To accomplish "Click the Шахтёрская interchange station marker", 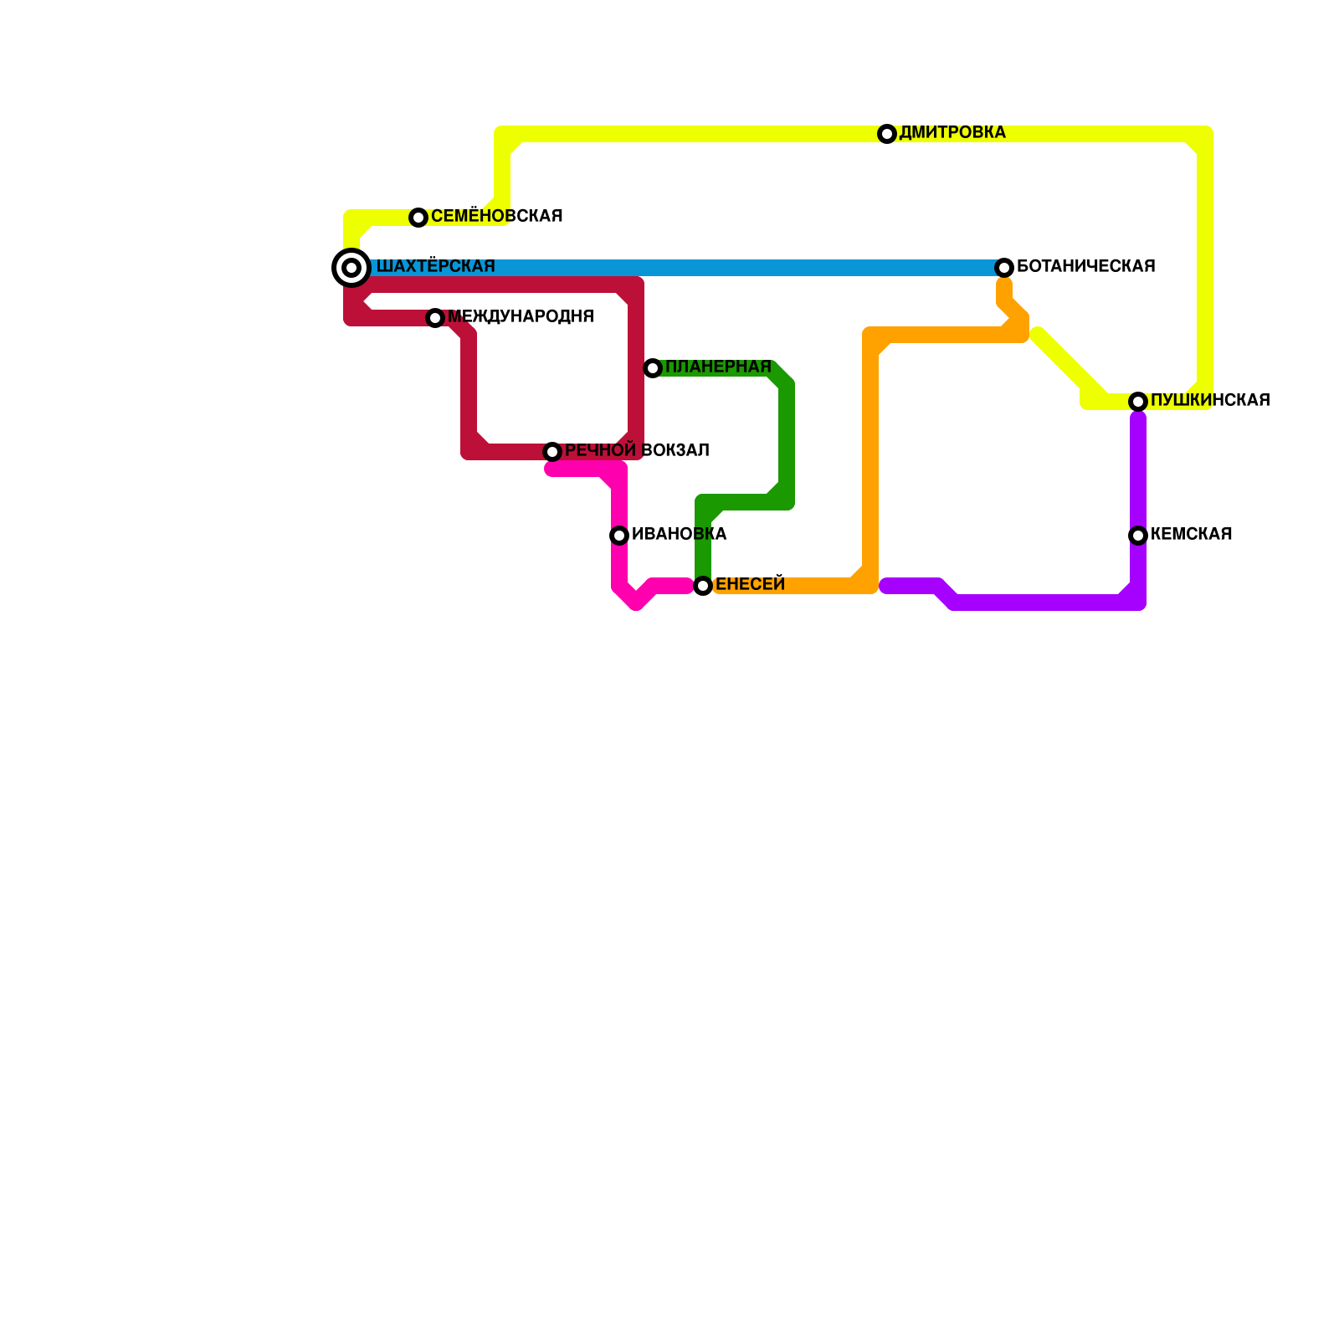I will tap(351, 268).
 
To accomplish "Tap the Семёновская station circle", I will tap(418, 218).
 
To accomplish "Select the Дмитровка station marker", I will tap(887, 134).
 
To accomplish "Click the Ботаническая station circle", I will tap(1004, 268).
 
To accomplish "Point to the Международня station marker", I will tap(435, 318).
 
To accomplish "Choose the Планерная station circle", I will tap(653, 368).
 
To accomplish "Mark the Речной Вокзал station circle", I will tap(552, 452).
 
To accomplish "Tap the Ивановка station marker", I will tap(619, 536).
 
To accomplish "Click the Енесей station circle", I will tap(703, 586).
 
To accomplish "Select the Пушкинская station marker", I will tap(1138, 402).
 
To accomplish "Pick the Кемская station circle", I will tap(1138, 536).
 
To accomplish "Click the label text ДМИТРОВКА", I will tap(952, 133).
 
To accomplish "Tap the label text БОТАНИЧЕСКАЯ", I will tap(1085, 267).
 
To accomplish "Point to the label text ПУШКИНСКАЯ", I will tap(1210, 401).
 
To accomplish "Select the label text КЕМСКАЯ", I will tap(1191, 535).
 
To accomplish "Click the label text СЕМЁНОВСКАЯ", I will tap(496, 217).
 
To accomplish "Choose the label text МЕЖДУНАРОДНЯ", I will tap(521, 317).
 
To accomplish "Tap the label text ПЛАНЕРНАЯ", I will tap(718, 367).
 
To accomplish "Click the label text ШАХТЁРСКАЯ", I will tap(435, 267).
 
